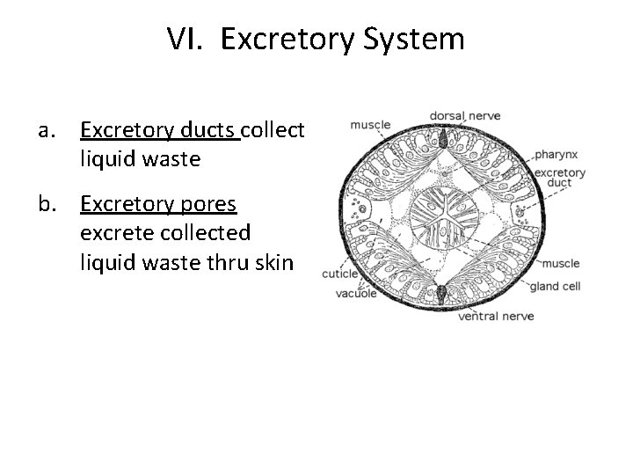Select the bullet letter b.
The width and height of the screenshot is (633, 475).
46,205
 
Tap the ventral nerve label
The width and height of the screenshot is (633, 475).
498,314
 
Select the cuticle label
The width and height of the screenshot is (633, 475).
340,274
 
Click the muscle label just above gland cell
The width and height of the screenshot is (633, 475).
560,263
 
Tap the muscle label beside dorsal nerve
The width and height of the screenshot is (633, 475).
370,125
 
